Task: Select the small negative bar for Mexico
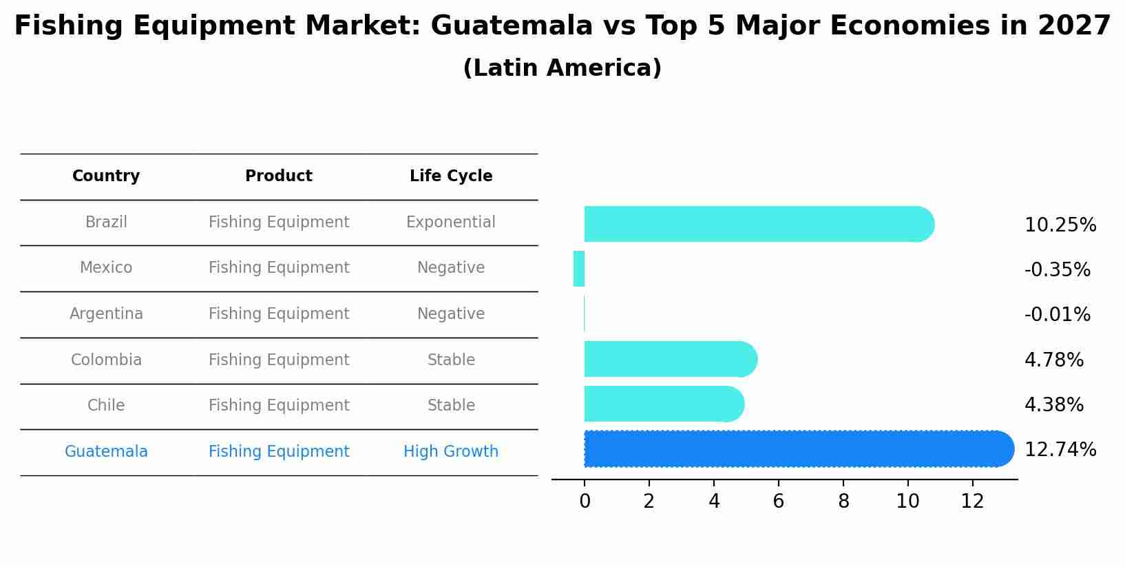tap(579, 269)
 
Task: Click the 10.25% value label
tap(1060, 225)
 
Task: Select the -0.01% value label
tap(1057, 315)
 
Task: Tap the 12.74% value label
tap(1060, 450)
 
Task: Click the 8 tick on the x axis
tap(843, 502)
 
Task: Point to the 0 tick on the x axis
tap(585, 502)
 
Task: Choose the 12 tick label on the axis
tap(972, 502)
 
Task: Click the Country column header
tap(106, 176)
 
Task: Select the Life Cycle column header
tap(451, 176)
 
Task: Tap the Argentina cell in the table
tap(106, 314)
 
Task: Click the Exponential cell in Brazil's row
tap(451, 223)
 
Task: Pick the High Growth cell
tap(451, 452)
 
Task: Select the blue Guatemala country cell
tap(106, 452)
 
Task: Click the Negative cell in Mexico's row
tap(451, 268)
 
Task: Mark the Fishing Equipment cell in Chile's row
tap(279, 406)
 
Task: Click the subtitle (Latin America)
tap(562, 68)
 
